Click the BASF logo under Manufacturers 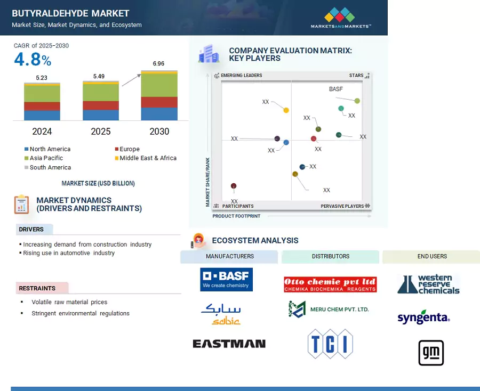pyautogui.click(x=226, y=280)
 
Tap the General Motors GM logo pyautogui.click(x=431, y=353)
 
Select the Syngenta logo pyautogui.click(x=423, y=317)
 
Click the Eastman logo pyautogui.click(x=229, y=344)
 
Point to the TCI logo pyautogui.click(x=330, y=344)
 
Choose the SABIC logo pyautogui.click(x=221, y=314)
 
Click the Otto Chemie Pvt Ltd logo pyautogui.click(x=330, y=284)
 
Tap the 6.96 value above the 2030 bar pyautogui.click(x=158, y=63)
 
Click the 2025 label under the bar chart pyautogui.click(x=101, y=132)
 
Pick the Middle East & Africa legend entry pyautogui.click(x=146, y=158)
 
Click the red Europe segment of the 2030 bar pyautogui.click(x=159, y=102)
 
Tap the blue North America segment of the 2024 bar pyautogui.click(x=42, y=115)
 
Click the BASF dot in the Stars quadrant pyautogui.click(x=357, y=101)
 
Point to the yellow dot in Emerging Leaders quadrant pyautogui.click(x=286, y=110)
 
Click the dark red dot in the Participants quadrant pyautogui.click(x=234, y=186)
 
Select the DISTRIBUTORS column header pyautogui.click(x=330, y=256)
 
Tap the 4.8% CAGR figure pyautogui.click(x=33, y=59)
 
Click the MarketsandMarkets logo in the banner pyautogui.click(x=340, y=18)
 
